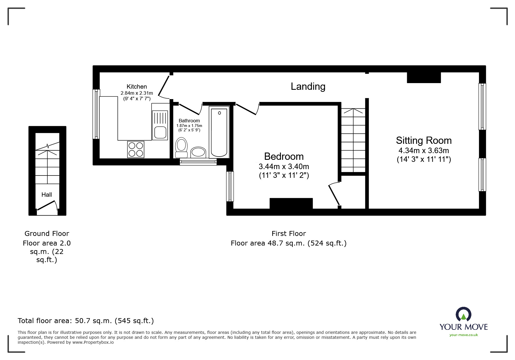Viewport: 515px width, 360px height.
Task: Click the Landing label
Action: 308,86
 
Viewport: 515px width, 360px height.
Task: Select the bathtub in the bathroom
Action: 219,132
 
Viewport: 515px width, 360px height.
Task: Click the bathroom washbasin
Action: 198,152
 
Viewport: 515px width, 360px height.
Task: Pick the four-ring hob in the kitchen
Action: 136,149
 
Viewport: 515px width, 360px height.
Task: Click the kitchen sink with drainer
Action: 160,125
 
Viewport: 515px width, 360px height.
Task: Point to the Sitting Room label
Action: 423,141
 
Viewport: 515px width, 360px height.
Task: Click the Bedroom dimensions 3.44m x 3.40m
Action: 284,166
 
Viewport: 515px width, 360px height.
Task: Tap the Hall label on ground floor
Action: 47,195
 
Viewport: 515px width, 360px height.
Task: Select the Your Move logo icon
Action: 463,315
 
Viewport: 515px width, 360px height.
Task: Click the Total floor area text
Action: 86,321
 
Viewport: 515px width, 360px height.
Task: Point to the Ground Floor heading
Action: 47,233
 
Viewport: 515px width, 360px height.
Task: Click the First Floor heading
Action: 288,233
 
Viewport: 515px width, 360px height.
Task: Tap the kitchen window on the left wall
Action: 96,114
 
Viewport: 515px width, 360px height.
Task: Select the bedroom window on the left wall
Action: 230,186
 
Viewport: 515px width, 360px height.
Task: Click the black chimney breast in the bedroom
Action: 291,203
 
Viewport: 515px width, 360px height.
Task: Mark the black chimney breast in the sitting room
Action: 424,78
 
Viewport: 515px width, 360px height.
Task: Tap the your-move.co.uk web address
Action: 464,335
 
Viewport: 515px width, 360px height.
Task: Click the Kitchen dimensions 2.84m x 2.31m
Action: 136,93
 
